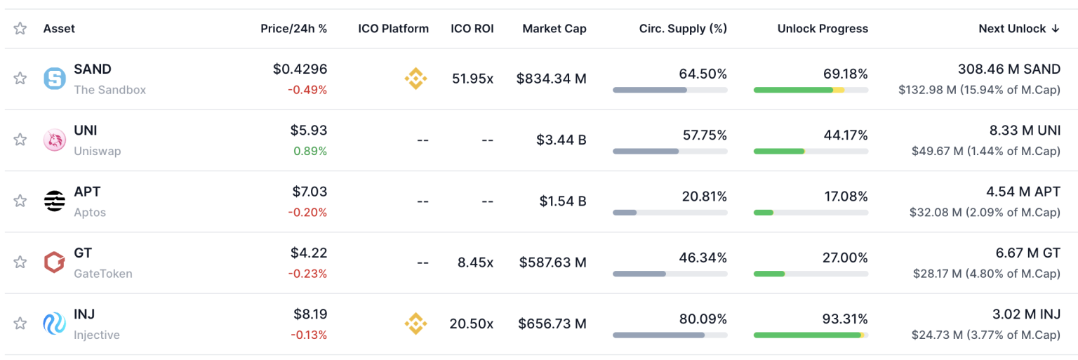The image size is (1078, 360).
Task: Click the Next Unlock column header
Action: [1018, 29]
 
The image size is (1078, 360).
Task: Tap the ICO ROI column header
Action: [472, 29]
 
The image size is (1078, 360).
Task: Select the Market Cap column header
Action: [554, 29]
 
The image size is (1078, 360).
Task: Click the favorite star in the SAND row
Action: [20, 79]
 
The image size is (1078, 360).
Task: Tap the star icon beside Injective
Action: [20, 324]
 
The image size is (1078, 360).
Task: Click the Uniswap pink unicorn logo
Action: [54, 140]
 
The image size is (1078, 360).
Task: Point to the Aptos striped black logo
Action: [54, 201]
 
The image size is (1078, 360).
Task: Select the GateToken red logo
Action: [54, 262]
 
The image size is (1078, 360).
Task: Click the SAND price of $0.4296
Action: [300, 69]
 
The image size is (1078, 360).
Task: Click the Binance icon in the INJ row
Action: [415, 324]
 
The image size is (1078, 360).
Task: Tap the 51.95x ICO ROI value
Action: [472, 79]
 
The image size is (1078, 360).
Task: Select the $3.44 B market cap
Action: [561, 140]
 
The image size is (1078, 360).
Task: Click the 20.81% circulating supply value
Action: [704, 196]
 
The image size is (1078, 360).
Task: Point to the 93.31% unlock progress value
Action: [845, 319]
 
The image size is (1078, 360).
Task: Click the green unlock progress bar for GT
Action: [770, 274]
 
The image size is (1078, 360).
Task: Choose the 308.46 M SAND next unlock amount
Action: [1009, 69]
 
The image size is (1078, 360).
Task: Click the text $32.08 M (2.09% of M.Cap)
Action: [984, 212]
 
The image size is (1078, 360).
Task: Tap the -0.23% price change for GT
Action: [309, 274]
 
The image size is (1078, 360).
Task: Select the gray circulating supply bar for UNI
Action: [646, 151]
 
